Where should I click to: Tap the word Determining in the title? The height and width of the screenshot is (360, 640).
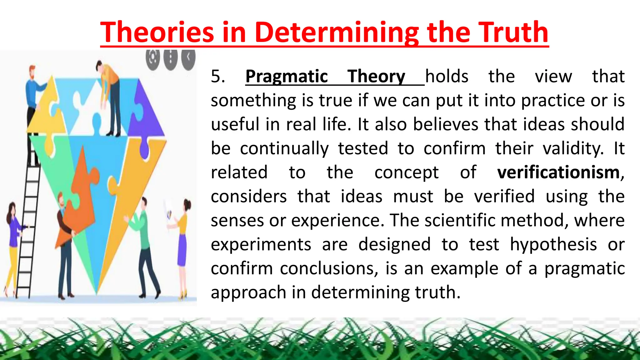click(336, 32)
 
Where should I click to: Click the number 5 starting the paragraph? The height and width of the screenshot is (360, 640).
click(217, 77)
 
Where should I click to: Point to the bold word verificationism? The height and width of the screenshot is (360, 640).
click(558, 172)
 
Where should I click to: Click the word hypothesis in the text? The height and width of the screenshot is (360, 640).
click(553, 244)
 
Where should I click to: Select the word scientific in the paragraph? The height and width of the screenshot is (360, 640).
click(460, 220)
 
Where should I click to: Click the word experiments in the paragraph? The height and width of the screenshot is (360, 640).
click(261, 244)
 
